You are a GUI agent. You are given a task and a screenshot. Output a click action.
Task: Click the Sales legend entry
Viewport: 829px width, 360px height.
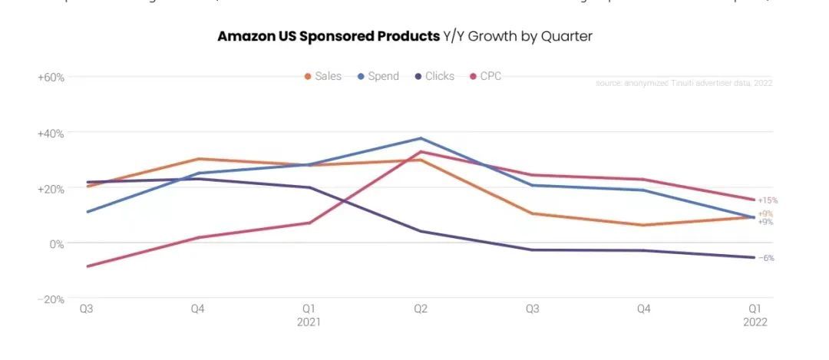pos(322,76)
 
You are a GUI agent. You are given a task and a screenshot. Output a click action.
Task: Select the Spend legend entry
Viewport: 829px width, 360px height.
pos(378,76)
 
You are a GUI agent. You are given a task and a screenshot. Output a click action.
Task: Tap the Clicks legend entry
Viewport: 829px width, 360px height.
pos(434,76)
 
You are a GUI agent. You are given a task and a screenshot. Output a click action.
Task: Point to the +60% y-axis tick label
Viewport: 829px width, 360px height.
pos(50,78)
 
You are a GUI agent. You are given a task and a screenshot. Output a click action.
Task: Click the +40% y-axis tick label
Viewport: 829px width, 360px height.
pos(50,133)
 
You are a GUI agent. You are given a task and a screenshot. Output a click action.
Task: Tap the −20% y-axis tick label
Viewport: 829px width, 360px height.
pos(50,299)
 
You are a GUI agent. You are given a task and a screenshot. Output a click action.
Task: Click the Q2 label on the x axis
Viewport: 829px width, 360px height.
pos(420,309)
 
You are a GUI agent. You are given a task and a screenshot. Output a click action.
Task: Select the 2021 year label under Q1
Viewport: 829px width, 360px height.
pos(309,322)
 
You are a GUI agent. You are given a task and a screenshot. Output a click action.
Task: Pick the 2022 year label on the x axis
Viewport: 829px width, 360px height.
pos(755,322)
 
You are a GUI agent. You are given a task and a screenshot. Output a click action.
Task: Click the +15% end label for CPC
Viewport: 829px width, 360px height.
pos(767,200)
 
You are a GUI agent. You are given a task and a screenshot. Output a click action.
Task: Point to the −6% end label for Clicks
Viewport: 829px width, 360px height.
pos(766,258)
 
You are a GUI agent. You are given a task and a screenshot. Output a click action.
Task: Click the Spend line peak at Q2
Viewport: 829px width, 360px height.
pos(420,138)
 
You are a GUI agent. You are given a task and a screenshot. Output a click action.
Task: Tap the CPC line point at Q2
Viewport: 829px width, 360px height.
pos(420,151)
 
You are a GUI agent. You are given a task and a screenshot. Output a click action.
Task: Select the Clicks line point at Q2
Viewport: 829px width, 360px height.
pos(420,231)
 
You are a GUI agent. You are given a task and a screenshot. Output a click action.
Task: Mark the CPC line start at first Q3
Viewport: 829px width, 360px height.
pos(87,266)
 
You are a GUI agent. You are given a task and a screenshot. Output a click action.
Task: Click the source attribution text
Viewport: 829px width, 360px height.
pos(683,83)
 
